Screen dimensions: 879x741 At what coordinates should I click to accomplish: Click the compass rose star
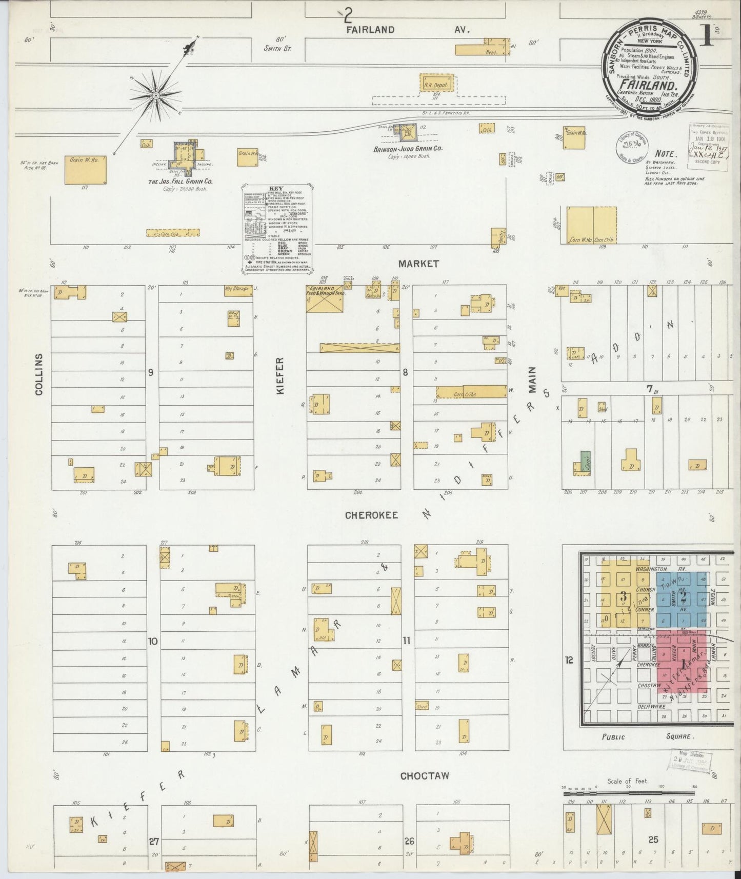[x=155, y=95]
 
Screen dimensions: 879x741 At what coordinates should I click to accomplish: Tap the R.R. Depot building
[x=436, y=84]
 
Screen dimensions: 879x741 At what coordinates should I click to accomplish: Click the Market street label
[x=419, y=264]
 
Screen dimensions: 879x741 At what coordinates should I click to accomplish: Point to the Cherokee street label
[x=371, y=515]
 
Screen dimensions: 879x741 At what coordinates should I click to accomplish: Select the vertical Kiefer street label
[x=281, y=376]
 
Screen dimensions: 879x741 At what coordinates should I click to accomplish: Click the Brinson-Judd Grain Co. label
[x=408, y=149]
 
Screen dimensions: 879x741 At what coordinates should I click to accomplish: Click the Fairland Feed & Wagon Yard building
[x=325, y=298]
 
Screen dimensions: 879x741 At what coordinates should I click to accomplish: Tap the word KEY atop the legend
[x=276, y=188]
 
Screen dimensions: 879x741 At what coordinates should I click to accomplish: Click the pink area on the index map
[x=682, y=662]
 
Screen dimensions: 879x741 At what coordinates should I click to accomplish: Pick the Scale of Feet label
[x=628, y=782]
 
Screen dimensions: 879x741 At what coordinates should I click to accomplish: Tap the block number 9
[x=151, y=373]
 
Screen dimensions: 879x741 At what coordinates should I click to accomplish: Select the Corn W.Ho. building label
[x=580, y=239]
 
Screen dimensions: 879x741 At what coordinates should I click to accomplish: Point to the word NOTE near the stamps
[x=666, y=153]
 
